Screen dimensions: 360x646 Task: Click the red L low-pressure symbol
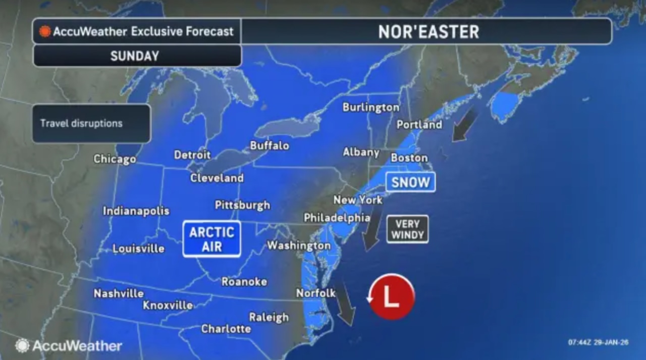coord(392,297)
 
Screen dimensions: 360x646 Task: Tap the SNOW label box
coord(410,182)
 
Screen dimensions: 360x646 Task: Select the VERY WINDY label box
coord(407,229)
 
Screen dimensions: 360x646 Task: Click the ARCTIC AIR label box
coord(211,239)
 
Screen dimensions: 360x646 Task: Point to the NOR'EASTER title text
coord(428,32)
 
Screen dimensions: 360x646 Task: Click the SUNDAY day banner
coord(135,56)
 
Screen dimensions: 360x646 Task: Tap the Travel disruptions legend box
coord(91,124)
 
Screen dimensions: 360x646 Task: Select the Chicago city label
coord(115,159)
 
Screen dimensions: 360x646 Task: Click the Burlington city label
coord(370,107)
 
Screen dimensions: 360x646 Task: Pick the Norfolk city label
coord(315,293)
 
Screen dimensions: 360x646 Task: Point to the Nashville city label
coord(119,293)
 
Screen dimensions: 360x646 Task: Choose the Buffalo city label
coord(270,145)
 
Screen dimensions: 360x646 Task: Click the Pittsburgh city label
coord(242,205)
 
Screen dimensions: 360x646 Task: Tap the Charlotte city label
coord(226,329)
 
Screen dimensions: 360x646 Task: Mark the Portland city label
coord(419,124)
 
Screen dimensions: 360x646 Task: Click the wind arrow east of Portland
coord(465,124)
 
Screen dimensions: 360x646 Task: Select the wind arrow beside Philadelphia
coord(373,231)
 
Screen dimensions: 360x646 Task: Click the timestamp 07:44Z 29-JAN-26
coord(599,342)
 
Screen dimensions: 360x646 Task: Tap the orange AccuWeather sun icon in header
coord(45,31)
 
